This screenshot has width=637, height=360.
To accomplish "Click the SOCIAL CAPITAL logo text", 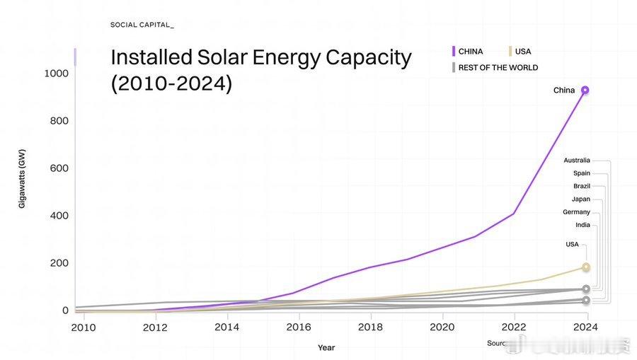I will click(142, 25).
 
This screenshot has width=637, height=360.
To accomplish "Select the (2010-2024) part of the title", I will click(171, 83).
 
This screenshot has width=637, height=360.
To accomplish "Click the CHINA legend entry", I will click(471, 52).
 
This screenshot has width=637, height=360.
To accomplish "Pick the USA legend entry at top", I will click(523, 52).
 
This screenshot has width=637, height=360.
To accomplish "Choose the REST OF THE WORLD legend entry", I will click(498, 68).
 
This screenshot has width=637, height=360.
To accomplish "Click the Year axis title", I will click(326, 348).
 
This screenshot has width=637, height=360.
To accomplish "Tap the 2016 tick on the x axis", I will click(299, 327).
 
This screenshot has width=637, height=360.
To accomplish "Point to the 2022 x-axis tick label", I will click(514, 327).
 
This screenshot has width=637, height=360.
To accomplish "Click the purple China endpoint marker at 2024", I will click(585, 91).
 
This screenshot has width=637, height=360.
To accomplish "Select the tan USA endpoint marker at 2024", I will click(586, 267).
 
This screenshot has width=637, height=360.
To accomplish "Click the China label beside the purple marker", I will click(564, 91).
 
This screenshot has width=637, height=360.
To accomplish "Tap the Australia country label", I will click(577, 161).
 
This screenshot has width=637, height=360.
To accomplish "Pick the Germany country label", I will click(576, 212).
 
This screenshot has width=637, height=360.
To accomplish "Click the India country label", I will click(583, 225).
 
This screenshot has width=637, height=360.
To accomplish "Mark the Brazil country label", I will click(582, 186).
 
